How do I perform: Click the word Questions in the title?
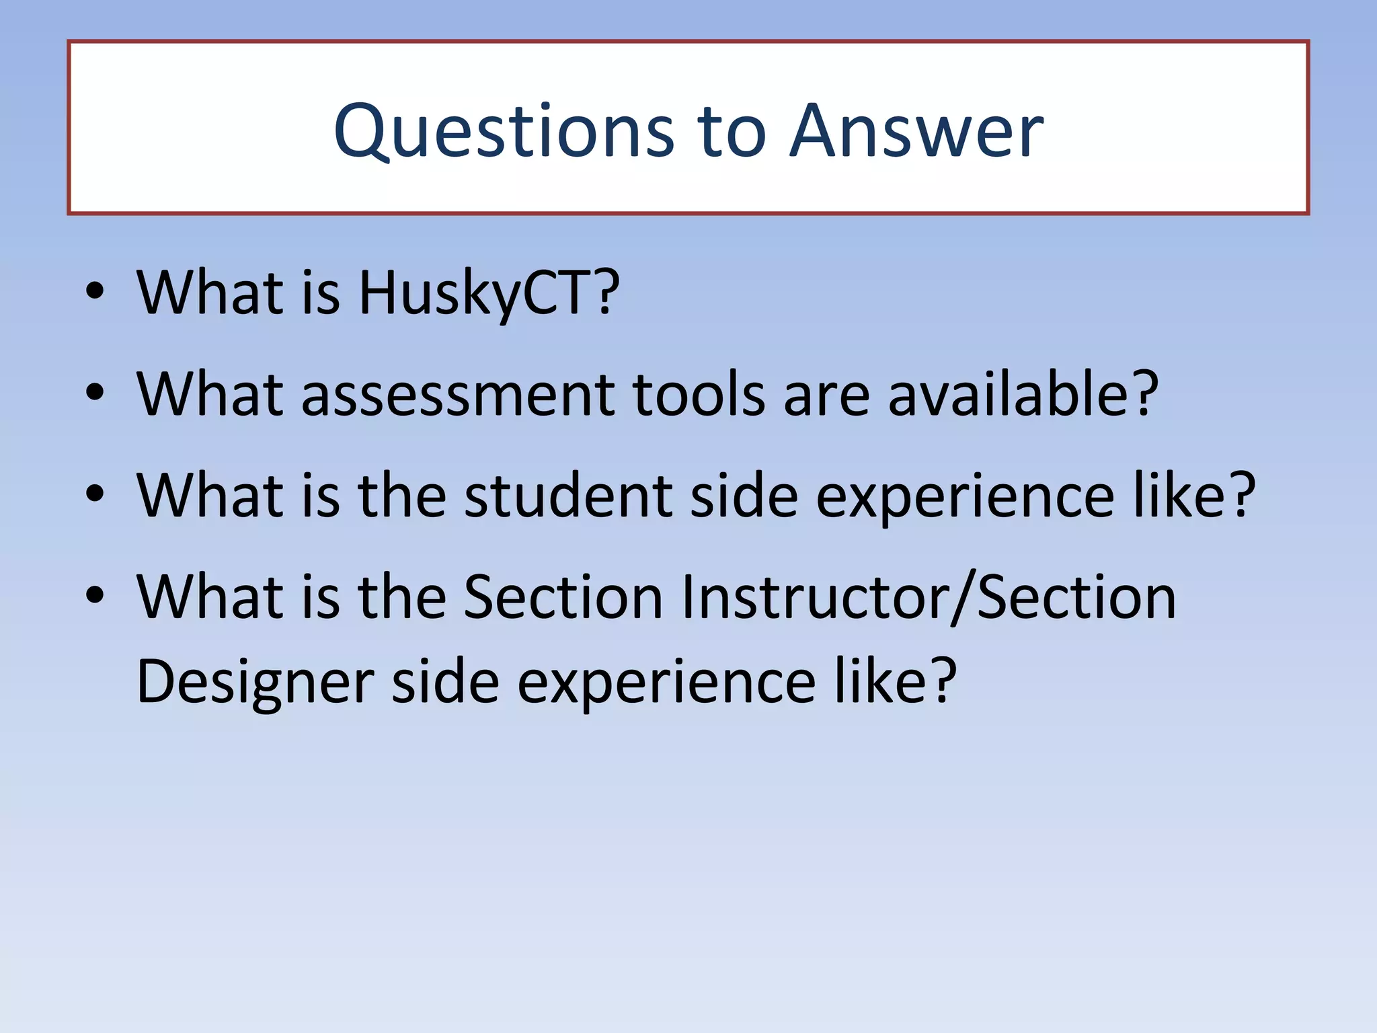click(503, 132)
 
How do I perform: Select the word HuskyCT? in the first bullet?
click(489, 293)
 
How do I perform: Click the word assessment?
click(458, 395)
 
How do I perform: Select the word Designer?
click(255, 683)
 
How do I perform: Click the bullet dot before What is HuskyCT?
click(95, 291)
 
